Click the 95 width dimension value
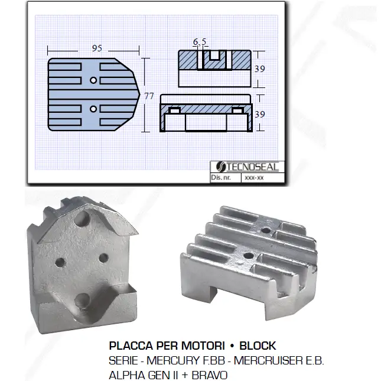[97, 48]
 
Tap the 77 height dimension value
[149, 96]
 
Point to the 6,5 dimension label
[200, 42]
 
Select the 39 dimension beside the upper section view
[259, 69]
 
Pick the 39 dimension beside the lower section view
[259, 114]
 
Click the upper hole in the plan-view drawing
[93, 80]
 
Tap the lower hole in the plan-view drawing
[93, 109]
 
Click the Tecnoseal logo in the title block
[247, 167]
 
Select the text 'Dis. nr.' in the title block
[221, 177]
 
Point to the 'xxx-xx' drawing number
[254, 178]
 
